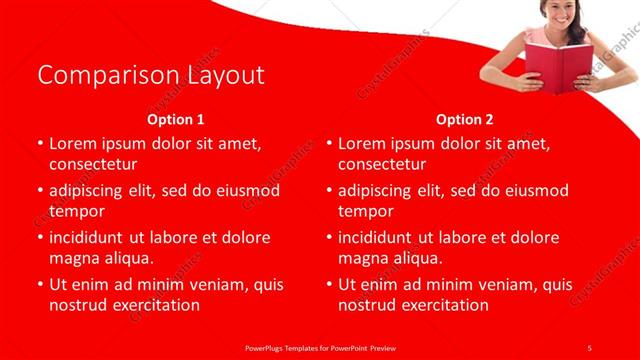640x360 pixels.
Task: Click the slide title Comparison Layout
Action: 150,75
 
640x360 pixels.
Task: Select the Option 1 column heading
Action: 176,119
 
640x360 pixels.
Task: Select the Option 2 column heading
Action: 465,119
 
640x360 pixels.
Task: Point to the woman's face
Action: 560,13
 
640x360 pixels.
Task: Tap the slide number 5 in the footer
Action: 589,347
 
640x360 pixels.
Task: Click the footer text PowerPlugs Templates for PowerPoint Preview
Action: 319,347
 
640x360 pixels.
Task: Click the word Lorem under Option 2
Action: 363,143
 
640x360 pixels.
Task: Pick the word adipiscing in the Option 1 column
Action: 91,190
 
